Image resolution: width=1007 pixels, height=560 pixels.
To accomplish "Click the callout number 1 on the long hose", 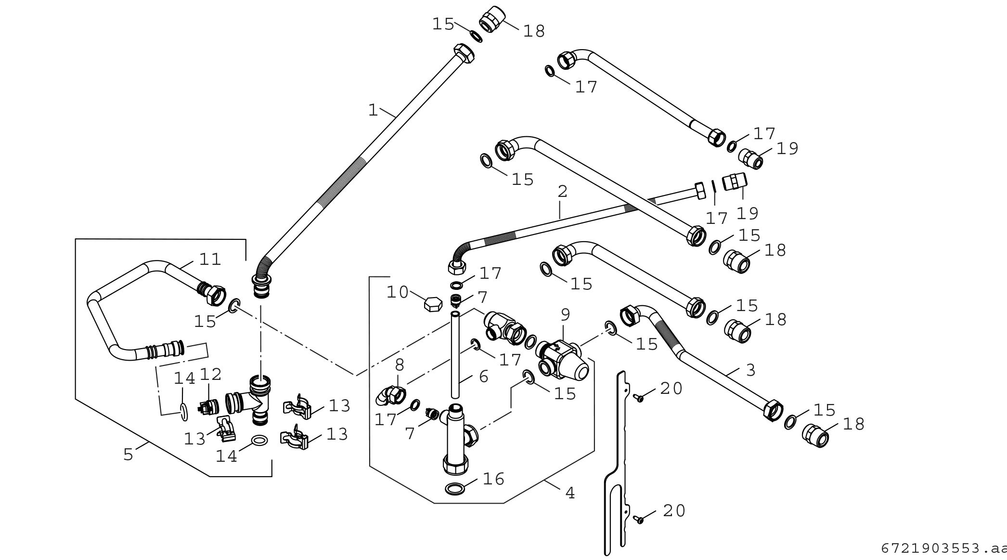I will pos(373,110).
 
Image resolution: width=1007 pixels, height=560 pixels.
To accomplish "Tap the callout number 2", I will pos(562,192).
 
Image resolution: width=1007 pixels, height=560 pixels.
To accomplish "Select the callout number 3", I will pos(750,370).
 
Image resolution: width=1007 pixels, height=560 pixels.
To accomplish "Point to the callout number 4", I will pos(570,493).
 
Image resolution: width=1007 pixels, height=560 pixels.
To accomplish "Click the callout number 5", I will pos(128,454).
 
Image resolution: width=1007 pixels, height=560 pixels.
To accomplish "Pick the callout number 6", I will pos(484,377).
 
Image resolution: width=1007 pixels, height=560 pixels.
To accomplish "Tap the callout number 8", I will pos(400,365).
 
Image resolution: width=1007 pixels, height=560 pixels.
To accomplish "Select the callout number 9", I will pos(565,315).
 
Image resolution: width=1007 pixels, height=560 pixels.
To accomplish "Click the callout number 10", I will pos(398,292).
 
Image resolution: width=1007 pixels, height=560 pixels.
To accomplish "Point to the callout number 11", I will pos(210,260).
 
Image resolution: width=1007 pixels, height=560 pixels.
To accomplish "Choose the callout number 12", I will pos(210,374).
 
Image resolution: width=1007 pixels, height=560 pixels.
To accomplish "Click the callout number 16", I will pos(493,479).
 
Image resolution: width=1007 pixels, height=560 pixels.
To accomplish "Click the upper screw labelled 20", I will pos(638,397).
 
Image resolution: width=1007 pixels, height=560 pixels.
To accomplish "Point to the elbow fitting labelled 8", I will pos(391,395).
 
